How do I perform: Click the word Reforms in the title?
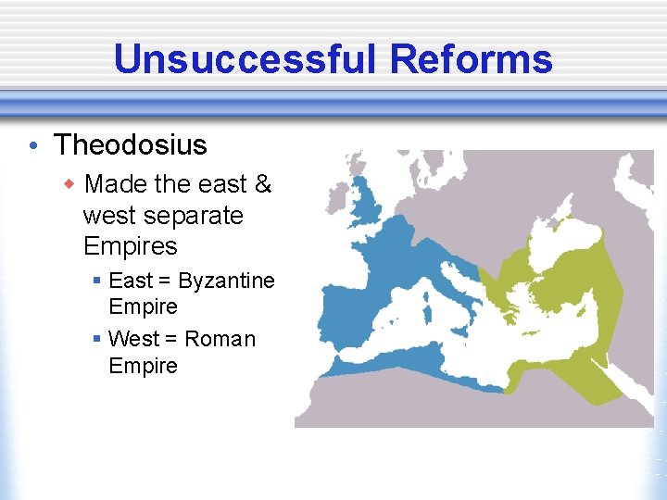(471, 59)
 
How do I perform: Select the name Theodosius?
(131, 145)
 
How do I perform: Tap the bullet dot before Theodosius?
(32, 146)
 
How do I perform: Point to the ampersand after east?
(262, 184)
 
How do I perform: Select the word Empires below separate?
(130, 246)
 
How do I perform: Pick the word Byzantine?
(227, 281)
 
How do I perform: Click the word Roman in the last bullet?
(220, 339)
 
